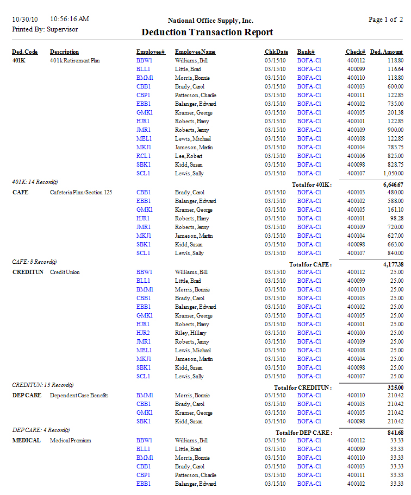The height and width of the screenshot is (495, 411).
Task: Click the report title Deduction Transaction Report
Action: tap(207, 33)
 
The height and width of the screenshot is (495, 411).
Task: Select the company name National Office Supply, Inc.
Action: tap(211, 21)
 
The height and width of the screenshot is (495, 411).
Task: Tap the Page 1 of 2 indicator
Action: tap(385, 20)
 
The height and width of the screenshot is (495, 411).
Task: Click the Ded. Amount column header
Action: tap(387, 52)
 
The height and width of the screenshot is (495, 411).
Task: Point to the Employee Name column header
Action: tap(195, 52)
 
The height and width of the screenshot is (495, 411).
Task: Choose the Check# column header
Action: tap(355, 52)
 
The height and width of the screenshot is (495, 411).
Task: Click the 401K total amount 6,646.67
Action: tap(393, 185)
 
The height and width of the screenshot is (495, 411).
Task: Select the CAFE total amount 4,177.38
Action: tap(393, 264)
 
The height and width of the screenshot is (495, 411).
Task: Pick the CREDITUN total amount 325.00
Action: tap(395, 388)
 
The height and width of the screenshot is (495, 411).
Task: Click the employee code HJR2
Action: tap(144, 333)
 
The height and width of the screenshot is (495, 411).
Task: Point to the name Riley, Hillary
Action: tap(191, 333)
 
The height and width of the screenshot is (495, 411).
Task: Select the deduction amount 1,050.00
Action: tap(392, 173)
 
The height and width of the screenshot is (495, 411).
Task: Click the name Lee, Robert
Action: tap(189, 156)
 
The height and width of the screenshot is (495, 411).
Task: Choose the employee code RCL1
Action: tap(144, 156)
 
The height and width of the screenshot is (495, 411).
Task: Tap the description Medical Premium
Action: tap(70, 440)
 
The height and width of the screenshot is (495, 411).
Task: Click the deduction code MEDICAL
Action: tap(26, 440)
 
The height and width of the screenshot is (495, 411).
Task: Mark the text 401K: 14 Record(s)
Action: tap(35, 182)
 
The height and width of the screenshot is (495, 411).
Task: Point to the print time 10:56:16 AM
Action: tap(69, 19)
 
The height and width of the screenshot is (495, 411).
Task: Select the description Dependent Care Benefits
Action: tap(79, 395)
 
